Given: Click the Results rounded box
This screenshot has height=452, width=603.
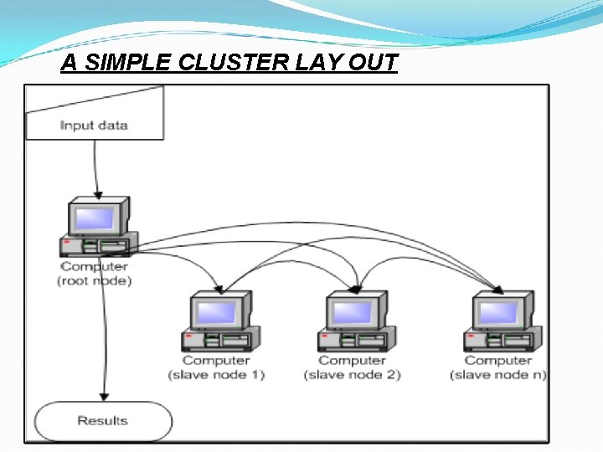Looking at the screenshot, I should (x=102, y=420).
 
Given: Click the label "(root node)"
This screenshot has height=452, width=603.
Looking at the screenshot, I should (x=95, y=281).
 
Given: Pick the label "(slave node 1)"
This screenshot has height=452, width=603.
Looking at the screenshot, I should (x=216, y=374).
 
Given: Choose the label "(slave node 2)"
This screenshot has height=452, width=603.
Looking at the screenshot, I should (x=353, y=374).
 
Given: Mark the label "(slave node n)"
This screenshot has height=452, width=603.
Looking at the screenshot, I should (x=498, y=374).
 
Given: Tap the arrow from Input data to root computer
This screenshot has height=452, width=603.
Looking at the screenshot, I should (x=96, y=167).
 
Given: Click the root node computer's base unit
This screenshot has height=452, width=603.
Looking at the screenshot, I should (x=94, y=246).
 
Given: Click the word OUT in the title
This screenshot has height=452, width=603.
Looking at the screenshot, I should (x=369, y=64).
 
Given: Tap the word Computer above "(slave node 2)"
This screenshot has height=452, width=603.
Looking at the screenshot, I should (x=353, y=360).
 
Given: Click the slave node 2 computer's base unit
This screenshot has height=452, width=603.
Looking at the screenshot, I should (x=353, y=341).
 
